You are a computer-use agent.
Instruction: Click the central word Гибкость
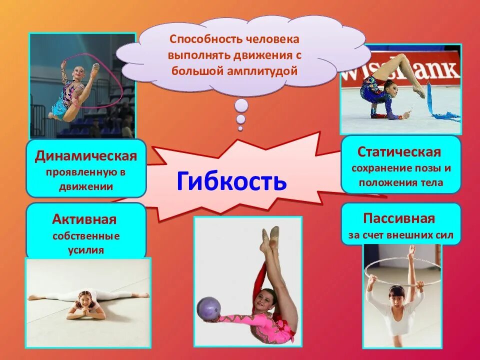[x=231, y=181]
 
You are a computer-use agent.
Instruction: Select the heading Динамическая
[x=85, y=155]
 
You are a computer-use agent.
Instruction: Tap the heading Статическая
[x=399, y=151]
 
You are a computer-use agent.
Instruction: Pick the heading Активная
[x=84, y=219]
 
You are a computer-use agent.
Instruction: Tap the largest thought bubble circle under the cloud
[x=241, y=105]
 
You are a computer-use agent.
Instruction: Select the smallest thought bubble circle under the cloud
[x=240, y=128]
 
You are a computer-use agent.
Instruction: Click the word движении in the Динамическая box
[x=85, y=187]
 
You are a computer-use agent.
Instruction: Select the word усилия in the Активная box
[x=86, y=250]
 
